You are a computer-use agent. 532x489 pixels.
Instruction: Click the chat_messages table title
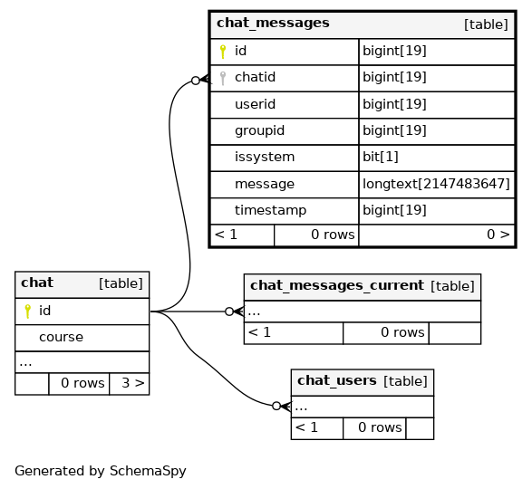(x=273, y=24)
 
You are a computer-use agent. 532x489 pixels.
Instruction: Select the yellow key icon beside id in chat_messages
(x=223, y=52)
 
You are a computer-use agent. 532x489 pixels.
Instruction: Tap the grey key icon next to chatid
(x=223, y=78)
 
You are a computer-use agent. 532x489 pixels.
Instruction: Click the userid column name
(x=256, y=104)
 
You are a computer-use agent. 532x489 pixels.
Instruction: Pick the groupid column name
(x=259, y=131)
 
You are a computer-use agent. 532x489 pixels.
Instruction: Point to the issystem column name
(x=265, y=158)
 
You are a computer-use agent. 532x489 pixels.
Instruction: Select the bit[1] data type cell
(x=381, y=157)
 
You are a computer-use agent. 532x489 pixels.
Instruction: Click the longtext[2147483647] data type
(x=436, y=184)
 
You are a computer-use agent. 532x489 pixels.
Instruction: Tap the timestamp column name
(x=270, y=211)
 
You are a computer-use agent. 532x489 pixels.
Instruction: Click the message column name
(x=265, y=184)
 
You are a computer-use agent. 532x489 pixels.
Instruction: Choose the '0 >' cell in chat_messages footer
(x=498, y=235)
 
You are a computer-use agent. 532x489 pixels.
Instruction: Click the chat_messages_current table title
(x=337, y=286)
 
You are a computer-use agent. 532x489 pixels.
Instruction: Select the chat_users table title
(x=337, y=381)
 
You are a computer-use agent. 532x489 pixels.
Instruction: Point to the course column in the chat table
(x=61, y=337)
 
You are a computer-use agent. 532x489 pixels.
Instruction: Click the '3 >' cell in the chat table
(x=133, y=383)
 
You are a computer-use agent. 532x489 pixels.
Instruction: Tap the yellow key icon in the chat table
(x=27, y=312)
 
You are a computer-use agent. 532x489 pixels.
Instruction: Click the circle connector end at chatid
(x=196, y=81)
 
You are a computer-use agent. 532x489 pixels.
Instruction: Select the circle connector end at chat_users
(x=276, y=406)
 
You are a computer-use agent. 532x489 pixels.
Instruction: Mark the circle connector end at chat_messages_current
(x=229, y=312)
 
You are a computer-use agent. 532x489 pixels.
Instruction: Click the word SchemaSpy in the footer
(x=148, y=471)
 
